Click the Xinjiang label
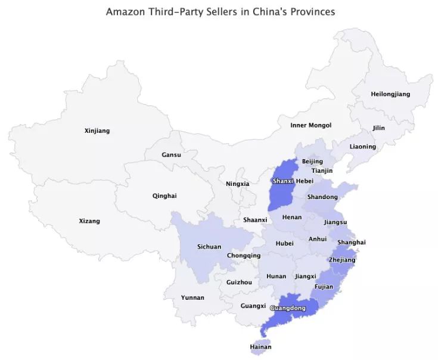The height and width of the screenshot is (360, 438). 97,131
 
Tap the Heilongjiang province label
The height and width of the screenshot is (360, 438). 390,94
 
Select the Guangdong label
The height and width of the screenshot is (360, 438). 288,308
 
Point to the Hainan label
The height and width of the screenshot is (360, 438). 260,347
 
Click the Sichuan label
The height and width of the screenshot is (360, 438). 209,247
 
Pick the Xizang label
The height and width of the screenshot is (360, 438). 89,221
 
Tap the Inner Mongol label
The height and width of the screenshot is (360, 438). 310,125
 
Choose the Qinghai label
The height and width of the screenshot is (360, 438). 164,195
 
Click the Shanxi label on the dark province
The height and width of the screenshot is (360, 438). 282,181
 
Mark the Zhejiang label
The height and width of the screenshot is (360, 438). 342,260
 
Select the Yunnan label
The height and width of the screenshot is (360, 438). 192,297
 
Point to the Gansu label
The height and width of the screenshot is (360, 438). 171,155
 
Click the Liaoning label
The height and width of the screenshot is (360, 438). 363,147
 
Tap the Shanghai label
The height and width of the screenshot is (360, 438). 351,242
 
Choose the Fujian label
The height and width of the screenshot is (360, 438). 324,287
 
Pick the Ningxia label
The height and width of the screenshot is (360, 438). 237,184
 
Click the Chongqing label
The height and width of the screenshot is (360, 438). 244,256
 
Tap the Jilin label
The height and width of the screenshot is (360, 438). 378,128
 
